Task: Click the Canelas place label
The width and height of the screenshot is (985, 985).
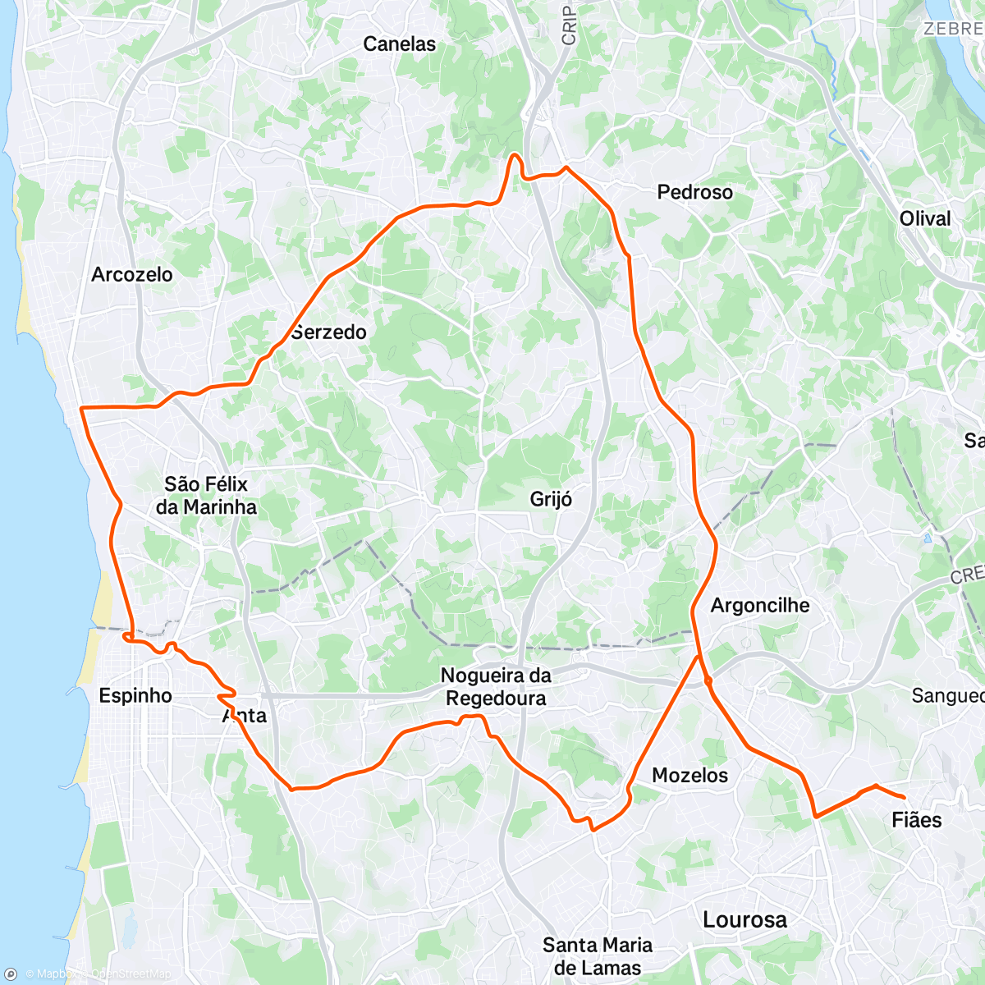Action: pyautogui.click(x=399, y=44)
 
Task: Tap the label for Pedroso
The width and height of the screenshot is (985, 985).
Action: pyautogui.click(x=694, y=192)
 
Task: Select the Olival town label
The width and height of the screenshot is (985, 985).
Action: pyautogui.click(x=924, y=218)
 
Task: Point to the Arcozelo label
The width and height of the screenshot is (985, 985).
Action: pyautogui.click(x=131, y=274)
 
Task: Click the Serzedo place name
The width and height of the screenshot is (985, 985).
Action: pyautogui.click(x=328, y=332)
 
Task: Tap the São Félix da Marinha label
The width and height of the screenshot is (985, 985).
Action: pyautogui.click(x=206, y=495)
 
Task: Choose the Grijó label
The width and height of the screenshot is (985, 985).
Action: pyautogui.click(x=551, y=499)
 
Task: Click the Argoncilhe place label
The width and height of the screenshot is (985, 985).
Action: pyautogui.click(x=759, y=605)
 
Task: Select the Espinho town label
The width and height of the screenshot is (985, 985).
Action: pyautogui.click(x=135, y=695)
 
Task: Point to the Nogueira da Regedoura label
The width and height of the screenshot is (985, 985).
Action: pyautogui.click(x=495, y=686)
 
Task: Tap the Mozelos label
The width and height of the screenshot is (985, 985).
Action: pyautogui.click(x=689, y=775)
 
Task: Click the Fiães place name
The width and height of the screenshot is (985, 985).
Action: pyautogui.click(x=916, y=819)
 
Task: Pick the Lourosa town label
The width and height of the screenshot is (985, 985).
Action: pyautogui.click(x=744, y=919)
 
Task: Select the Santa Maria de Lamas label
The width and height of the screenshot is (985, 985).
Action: pyautogui.click(x=597, y=955)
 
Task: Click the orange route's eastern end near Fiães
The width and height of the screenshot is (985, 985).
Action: pyautogui.click(x=904, y=797)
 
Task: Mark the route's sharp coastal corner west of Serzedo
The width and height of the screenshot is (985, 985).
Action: pyautogui.click(x=80, y=408)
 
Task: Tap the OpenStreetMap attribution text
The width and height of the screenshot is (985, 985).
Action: pyautogui.click(x=131, y=974)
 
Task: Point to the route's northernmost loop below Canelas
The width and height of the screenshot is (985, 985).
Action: pyautogui.click(x=515, y=155)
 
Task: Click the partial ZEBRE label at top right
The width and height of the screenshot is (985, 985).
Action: pyautogui.click(x=952, y=29)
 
